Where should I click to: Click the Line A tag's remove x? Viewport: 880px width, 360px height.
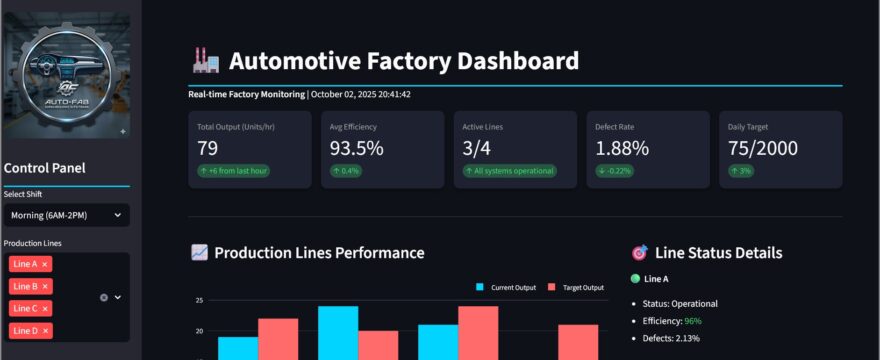tap(45, 264)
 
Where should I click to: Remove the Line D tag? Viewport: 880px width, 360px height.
tap(45, 330)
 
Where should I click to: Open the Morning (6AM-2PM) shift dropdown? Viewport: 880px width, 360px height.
tap(65, 215)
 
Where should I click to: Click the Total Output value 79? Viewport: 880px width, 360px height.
tap(208, 149)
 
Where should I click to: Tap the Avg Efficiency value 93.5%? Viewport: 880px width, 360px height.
tap(356, 149)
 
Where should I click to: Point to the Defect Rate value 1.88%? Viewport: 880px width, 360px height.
tap(622, 149)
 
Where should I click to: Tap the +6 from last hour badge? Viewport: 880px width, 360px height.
tap(234, 171)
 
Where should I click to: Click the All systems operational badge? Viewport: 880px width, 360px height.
tap(510, 171)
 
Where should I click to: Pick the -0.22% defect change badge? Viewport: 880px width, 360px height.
tap(616, 171)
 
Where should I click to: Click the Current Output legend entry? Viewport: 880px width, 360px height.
tap(506, 288)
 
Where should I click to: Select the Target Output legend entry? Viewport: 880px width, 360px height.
tap(576, 288)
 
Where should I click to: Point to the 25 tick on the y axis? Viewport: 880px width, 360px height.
tap(199, 300)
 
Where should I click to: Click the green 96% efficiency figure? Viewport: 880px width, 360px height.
tap(693, 321)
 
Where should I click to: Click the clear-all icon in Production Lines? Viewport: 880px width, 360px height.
tap(104, 297)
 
